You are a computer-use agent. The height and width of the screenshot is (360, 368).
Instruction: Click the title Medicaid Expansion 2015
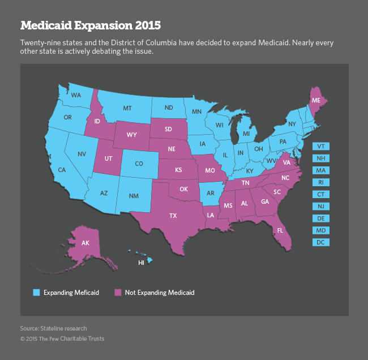[x=91, y=26]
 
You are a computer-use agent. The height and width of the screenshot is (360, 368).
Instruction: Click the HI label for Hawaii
[x=142, y=263]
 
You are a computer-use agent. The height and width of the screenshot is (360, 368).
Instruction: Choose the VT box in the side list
[x=321, y=146]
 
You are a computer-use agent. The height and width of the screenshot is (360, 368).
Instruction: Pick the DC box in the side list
[x=321, y=242]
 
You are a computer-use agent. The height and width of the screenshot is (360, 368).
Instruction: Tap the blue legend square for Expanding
[x=36, y=293]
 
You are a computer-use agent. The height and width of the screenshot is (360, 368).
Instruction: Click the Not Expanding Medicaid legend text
[x=160, y=293]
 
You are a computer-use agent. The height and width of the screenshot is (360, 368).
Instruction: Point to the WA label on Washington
[x=75, y=95]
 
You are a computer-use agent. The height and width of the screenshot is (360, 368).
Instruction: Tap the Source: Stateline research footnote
[x=53, y=328]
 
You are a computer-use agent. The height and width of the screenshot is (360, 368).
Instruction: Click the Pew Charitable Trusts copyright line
[x=62, y=338]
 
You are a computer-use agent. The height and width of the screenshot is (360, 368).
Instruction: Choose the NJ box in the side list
[x=321, y=206]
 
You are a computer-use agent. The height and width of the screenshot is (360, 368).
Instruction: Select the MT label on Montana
[x=128, y=108]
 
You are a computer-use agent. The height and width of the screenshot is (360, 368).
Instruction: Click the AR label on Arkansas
[x=210, y=193]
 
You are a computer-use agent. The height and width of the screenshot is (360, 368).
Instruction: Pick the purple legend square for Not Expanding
[x=118, y=293]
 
